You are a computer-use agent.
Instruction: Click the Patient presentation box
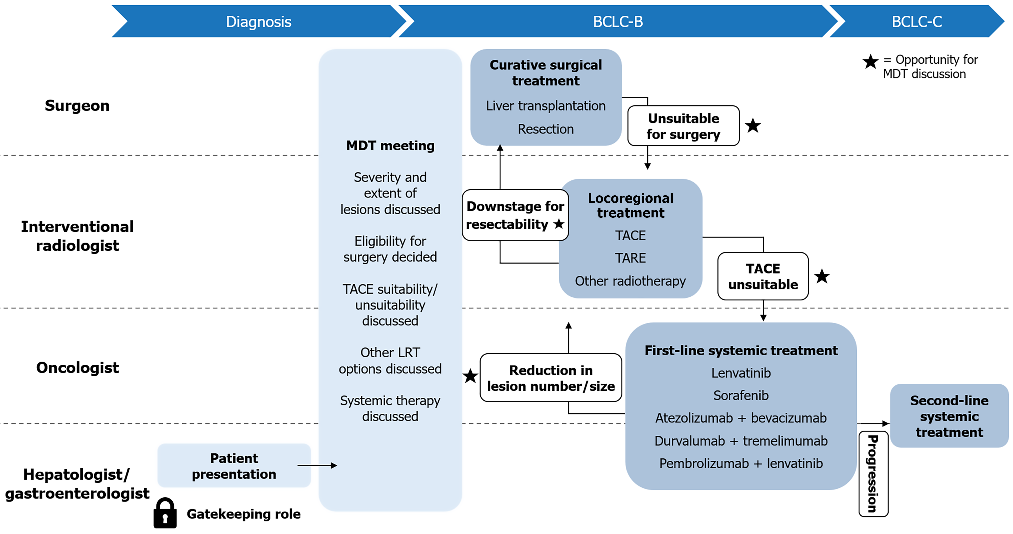click(234, 466)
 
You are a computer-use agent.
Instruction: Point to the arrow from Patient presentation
click(317, 466)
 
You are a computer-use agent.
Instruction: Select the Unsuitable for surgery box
click(683, 126)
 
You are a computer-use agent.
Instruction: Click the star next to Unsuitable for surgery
click(753, 126)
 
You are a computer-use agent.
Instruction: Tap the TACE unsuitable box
click(763, 276)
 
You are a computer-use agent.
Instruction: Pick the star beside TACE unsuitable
click(822, 276)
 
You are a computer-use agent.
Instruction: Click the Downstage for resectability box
click(515, 215)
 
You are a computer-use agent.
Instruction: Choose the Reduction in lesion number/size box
click(550, 378)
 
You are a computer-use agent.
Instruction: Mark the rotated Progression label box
click(873, 474)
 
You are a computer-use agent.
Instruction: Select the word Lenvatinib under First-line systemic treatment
click(741, 373)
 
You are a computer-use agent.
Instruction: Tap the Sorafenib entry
click(741, 395)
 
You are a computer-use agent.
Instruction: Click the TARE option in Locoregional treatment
click(630, 258)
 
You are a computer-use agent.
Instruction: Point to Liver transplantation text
click(546, 106)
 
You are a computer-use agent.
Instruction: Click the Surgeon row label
click(77, 106)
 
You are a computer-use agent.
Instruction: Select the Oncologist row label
click(77, 368)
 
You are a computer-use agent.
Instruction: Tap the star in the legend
click(870, 62)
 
